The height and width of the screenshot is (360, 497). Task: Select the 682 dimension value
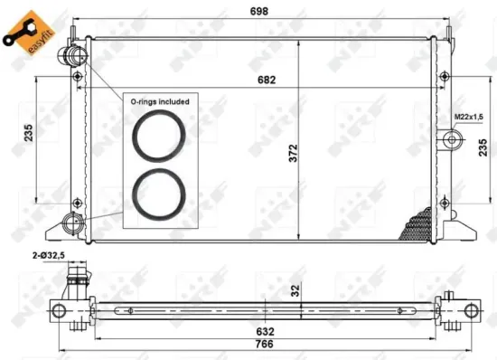point(265,81)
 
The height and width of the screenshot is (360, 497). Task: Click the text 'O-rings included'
point(160,102)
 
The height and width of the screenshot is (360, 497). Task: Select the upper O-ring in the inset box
point(159,137)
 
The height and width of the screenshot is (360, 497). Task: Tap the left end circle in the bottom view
point(60,310)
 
